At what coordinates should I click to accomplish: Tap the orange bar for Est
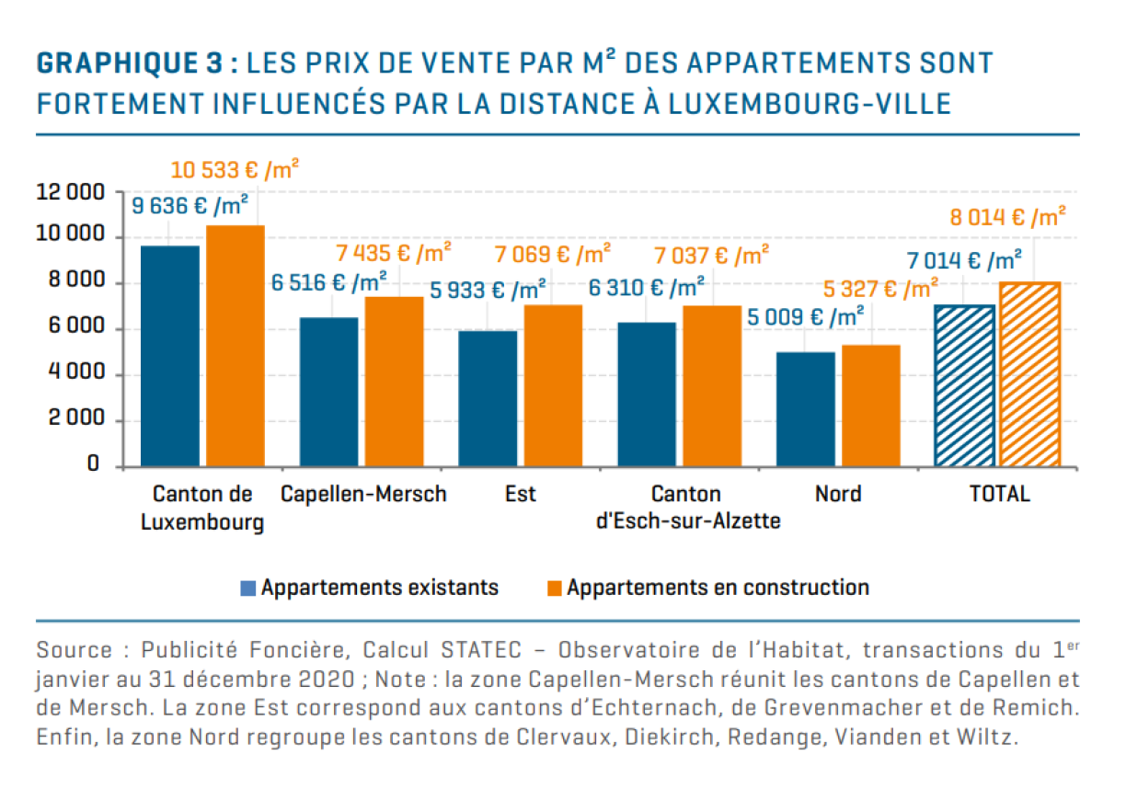coord(553,385)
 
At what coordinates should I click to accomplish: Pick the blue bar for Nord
coord(806,409)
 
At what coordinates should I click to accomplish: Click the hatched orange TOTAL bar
coord(1029,374)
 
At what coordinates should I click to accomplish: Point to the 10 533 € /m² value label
coord(235,171)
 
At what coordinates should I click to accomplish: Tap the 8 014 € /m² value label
coord(1007,218)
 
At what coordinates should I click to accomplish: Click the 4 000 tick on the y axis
coord(72,374)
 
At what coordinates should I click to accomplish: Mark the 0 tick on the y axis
coord(93,464)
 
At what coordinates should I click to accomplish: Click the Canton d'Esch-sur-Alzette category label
coord(686,508)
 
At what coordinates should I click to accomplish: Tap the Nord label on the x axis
coord(838,494)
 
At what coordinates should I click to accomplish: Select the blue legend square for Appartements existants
coord(247,588)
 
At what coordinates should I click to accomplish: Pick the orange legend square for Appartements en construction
coord(554,588)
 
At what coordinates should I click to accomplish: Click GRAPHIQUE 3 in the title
coord(128,63)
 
